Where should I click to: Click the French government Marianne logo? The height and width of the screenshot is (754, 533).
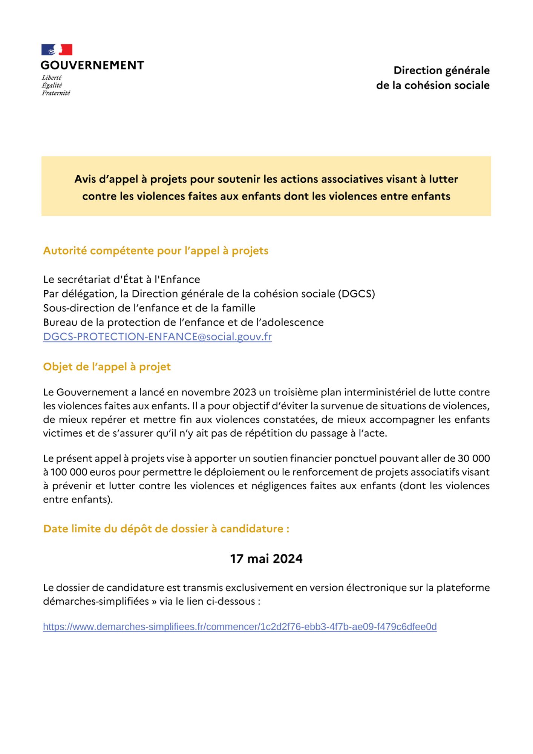pyautogui.click(x=57, y=50)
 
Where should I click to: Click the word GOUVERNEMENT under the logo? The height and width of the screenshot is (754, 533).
pyautogui.click(x=92, y=65)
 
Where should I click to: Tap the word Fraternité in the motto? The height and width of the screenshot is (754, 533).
pyautogui.click(x=56, y=93)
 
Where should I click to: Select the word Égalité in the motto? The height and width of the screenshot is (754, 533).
pyautogui.click(x=52, y=85)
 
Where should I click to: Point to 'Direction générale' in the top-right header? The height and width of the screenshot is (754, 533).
pyautogui.click(x=441, y=70)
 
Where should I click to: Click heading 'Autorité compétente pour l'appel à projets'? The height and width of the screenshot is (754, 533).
pyautogui.click(x=156, y=251)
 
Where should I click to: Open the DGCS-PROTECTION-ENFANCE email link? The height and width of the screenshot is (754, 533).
pyautogui.click(x=157, y=337)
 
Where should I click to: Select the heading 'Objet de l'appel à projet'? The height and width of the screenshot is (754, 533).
pyautogui.click(x=107, y=367)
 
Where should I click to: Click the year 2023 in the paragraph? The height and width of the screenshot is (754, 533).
pyautogui.click(x=244, y=392)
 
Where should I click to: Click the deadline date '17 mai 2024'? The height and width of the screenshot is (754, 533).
pyautogui.click(x=266, y=559)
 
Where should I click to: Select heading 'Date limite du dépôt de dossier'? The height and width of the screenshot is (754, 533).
pyautogui.click(x=166, y=529)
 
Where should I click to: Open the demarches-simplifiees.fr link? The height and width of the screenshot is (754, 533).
pyautogui.click(x=240, y=627)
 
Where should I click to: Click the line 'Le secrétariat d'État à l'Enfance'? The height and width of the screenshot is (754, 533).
pyautogui.click(x=121, y=279)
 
